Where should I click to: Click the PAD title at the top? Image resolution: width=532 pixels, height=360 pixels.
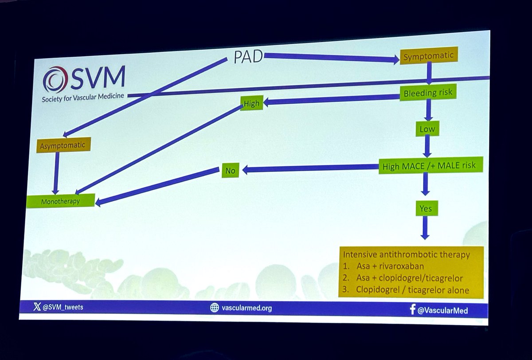point(248,56)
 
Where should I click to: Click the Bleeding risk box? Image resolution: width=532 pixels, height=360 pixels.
point(428,94)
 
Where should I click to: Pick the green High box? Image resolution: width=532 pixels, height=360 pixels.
point(251,103)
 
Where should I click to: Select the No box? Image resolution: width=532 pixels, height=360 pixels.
point(230,170)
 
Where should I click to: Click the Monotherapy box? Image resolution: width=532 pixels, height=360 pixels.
point(60,201)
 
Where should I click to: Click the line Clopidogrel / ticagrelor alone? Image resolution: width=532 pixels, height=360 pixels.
point(412,290)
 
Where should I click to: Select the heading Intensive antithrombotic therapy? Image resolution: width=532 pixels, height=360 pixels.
point(407,255)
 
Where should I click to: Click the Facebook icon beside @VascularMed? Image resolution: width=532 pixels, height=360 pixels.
point(413,310)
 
